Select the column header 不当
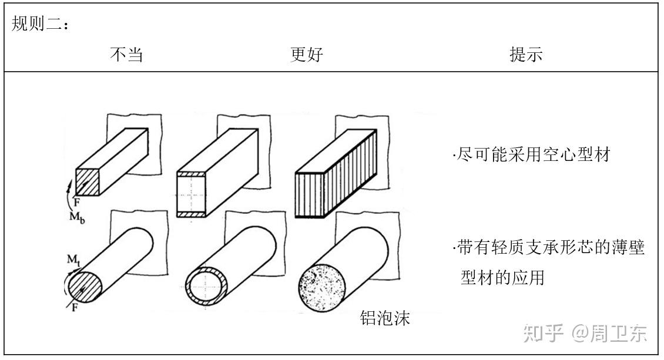(126, 55)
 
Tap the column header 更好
(307, 55)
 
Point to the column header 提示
(526, 55)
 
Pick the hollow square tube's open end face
(192, 196)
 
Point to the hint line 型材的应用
(503, 277)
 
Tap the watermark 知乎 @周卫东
(585, 333)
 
